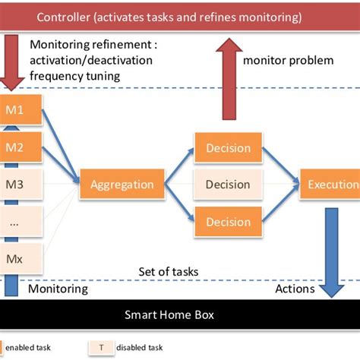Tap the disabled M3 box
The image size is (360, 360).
point(15,183)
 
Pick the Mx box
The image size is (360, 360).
point(15,259)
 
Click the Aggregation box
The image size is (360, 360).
point(122,185)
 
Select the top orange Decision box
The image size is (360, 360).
point(227,147)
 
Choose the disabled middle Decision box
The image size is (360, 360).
point(227,185)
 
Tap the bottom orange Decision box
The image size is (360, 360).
point(227,222)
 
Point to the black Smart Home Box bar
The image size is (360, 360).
point(180,314)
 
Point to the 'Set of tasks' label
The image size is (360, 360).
point(169,271)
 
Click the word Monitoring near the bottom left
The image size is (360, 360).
point(58,289)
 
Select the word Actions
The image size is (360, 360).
point(294,289)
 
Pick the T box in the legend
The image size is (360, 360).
point(102,347)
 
